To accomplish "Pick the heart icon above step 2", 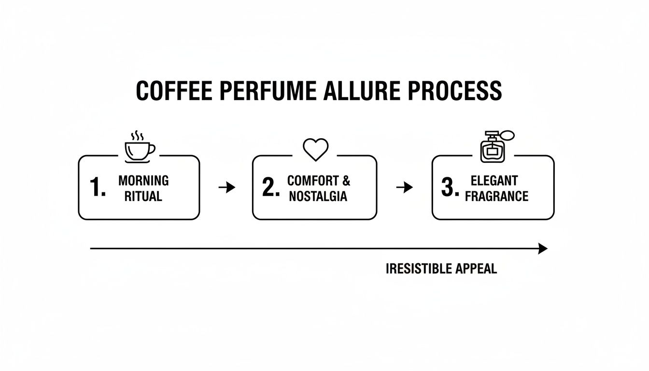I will pyautogui.click(x=315, y=149).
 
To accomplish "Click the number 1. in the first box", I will pyautogui.click(x=98, y=188).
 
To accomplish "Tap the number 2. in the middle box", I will pyautogui.click(x=271, y=188).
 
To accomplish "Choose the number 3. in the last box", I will pyautogui.click(x=450, y=188).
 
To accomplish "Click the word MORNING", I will pyautogui.click(x=143, y=181).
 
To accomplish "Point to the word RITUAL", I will pyautogui.click(x=143, y=197).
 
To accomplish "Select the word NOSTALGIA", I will pyautogui.click(x=318, y=197).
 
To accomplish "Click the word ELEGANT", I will pyautogui.click(x=494, y=181).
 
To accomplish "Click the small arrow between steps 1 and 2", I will pyautogui.click(x=227, y=187).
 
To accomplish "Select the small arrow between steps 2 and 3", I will pyautogui.click(x=405, y=187).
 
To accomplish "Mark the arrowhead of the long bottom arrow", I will pyautogui.click(x=543, y=249).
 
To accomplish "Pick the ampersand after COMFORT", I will pyautogui.click(x=346, y=181).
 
